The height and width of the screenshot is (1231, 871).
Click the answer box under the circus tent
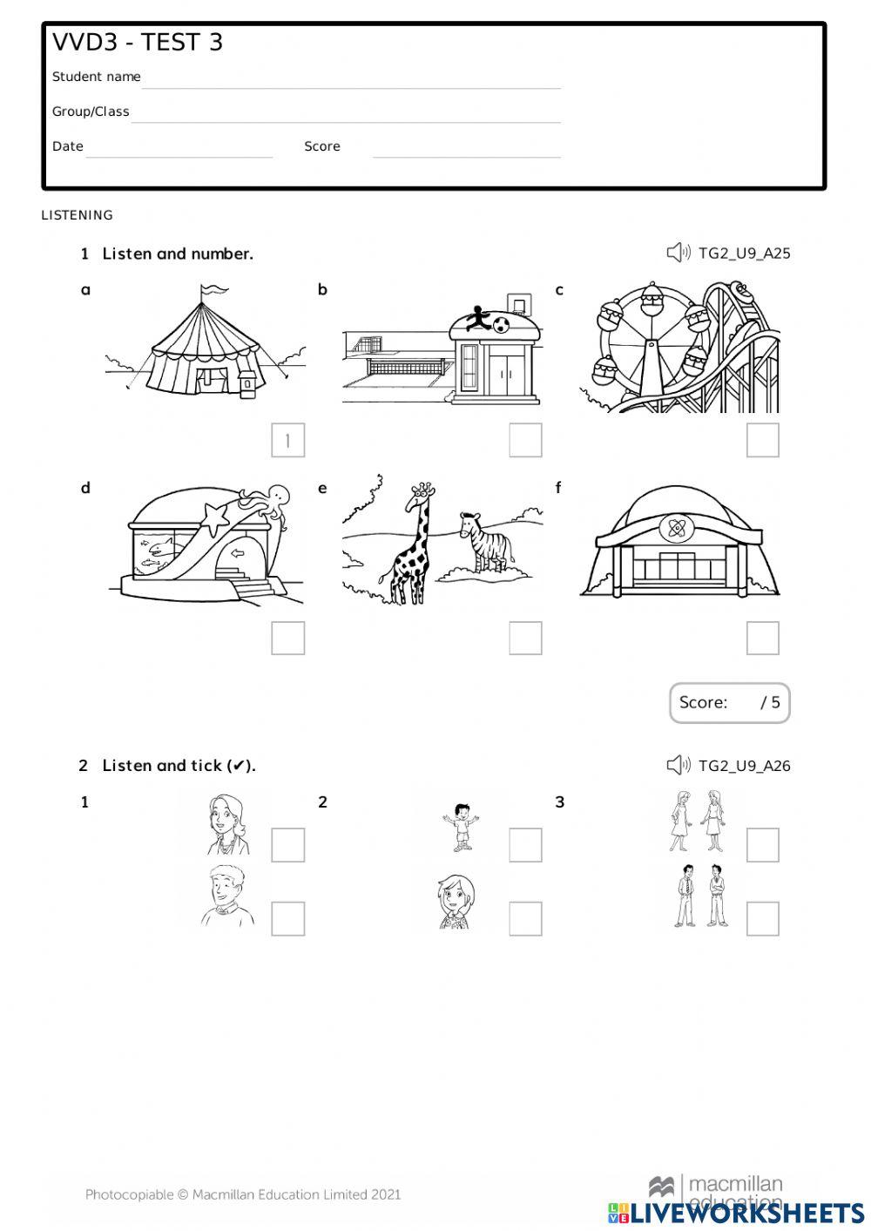287,441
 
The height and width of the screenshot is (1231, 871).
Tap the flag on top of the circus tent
213,289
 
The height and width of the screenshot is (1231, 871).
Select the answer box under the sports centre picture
525,441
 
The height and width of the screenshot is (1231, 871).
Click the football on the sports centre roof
502,325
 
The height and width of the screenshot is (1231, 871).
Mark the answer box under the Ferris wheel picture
762,441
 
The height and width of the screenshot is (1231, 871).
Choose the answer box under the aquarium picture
287,639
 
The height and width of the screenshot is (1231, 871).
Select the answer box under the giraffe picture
525,639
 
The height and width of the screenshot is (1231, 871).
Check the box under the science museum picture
762,639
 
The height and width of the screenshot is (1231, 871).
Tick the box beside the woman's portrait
287,845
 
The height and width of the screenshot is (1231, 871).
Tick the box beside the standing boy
525,845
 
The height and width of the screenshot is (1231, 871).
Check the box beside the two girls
762,845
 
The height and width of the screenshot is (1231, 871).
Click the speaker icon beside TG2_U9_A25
678,254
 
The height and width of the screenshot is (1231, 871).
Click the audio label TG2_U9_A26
745,766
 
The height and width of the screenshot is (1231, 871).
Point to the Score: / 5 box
729,703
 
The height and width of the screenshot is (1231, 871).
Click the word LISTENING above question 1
78,215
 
